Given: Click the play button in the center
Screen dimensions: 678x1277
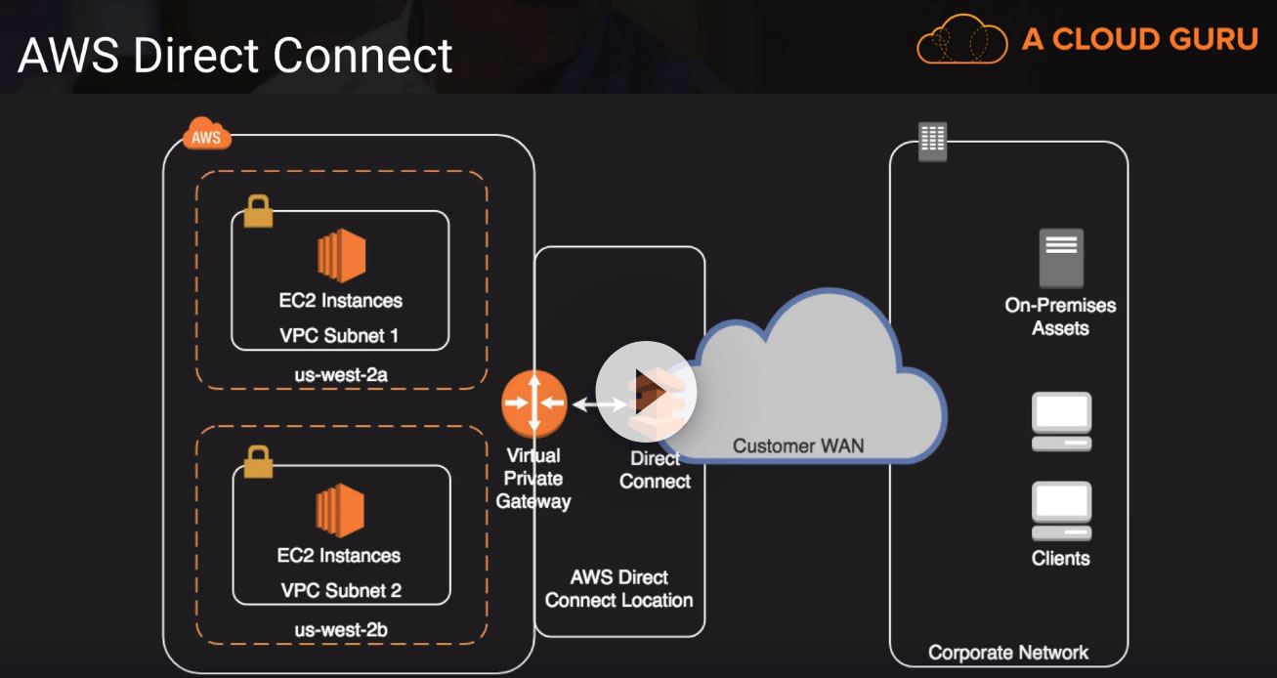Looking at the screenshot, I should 646,392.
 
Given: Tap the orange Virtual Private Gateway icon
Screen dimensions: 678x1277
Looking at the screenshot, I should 533,403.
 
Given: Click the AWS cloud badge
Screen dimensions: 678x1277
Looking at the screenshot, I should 206,136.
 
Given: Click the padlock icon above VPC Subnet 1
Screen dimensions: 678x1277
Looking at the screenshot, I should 258,211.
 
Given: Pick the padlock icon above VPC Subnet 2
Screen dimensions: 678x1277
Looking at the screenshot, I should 258,461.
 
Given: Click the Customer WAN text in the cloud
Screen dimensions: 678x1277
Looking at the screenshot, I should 798,445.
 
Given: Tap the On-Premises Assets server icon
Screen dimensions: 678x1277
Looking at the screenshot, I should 1061,258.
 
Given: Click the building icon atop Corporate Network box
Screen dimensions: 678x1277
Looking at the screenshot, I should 932,143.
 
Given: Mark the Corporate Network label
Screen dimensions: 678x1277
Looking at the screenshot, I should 1008,652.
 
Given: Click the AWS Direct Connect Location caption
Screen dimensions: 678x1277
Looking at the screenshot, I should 619,588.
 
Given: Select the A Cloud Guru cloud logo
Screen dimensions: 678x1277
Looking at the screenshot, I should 961,40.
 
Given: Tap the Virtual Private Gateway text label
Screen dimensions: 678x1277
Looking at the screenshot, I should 533,479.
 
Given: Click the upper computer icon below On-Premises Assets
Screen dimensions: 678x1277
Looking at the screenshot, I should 1061,421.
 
